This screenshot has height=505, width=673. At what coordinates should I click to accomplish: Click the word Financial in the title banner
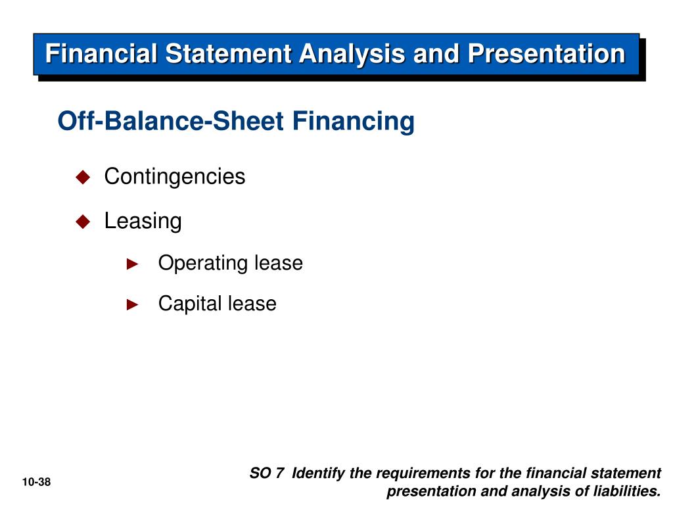click(101, 54)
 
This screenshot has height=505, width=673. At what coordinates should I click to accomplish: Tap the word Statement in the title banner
click(229, 54)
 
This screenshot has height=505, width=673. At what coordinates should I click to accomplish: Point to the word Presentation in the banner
click(546, 54)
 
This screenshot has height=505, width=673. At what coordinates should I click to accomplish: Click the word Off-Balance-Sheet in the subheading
click(171, 121)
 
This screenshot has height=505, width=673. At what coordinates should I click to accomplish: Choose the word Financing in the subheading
click(354, 122)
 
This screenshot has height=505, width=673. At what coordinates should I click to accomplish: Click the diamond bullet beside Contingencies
click(83, 176)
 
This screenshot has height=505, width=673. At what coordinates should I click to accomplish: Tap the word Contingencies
click(175, 177)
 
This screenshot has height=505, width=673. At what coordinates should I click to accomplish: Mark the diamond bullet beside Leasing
click(83, 222)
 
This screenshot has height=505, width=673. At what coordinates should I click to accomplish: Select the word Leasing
click(143, 222)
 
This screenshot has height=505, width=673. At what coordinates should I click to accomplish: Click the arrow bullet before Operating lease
click(133, 264)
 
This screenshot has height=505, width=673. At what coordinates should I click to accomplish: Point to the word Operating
click(203, 263)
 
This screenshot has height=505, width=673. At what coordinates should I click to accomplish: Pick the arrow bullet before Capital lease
click(133, 304)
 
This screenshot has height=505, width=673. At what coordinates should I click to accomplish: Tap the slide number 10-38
click(37, 482)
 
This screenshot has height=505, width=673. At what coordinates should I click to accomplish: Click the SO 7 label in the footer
click(267, 473)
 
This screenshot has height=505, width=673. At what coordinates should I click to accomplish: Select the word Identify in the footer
click(319, 473)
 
